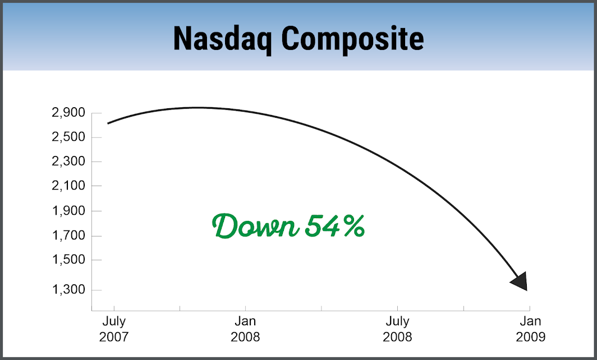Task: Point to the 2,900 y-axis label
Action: pyautogui.click(x=68, y=113)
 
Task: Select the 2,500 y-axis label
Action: pyautogui.click(x=68, y=137)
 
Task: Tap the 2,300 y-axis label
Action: pyautogui.click(x=68, y=161)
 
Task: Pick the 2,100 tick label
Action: pyautogui.click(x=68, y=186)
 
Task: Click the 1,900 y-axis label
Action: pyautogui.click(x=68, y=210)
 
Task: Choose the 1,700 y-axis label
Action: pyautogui.click(x=68, y=235)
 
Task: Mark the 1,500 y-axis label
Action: pyautogui.click(x=68, y=260)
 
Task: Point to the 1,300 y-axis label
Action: pyautogui.click(x=68, y=289)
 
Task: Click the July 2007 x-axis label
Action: pyautogui.click(x=114, y=329)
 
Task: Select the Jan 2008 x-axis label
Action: pyautogui.click(x=245, y=329)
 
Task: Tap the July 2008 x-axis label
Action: pyautogui.click(x=397, y=329)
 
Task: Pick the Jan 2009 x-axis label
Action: pyautogui.click(x=530, y=329)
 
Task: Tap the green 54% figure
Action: pyautogui.click(x=335, y=225)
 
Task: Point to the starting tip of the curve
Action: pyautogui.click(x=108, y=123)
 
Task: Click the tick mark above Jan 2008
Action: pyautogui.click(x=245, y=308)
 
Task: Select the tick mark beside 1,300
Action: pyautogui.click(x=97, y=290)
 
